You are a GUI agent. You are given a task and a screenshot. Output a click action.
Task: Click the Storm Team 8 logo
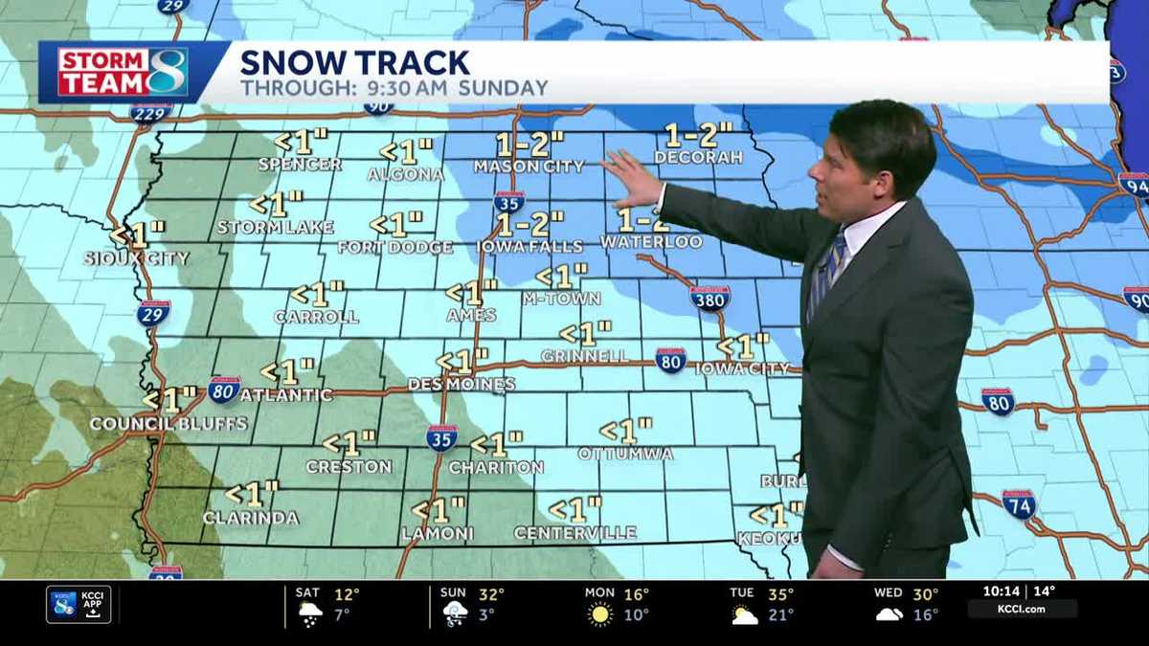point(123,72)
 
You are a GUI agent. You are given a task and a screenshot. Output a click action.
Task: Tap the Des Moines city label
point(461,384)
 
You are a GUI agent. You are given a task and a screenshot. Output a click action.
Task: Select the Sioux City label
point(136,258)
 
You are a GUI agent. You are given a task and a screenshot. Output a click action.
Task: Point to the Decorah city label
point(698,157)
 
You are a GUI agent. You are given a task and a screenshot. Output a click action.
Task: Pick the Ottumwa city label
point(625,453)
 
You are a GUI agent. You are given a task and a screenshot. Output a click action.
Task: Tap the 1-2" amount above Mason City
point(529,145)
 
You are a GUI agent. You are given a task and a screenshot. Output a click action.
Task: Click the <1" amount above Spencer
point(301,143)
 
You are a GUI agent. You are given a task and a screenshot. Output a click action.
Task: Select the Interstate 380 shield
point(710,298)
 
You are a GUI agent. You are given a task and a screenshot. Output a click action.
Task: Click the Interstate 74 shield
point(1019,503)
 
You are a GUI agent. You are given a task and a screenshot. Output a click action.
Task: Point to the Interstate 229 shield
point(150,113)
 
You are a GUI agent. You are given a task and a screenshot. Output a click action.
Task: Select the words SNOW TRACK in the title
point(354,63)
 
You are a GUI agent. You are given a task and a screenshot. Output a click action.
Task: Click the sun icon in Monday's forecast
point(600,613)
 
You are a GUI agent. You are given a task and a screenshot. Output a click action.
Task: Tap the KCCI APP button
point(79,604)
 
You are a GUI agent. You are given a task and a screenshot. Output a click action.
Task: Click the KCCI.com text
point(1022,609)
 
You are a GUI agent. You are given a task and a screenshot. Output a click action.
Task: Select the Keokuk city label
point(768,539)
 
